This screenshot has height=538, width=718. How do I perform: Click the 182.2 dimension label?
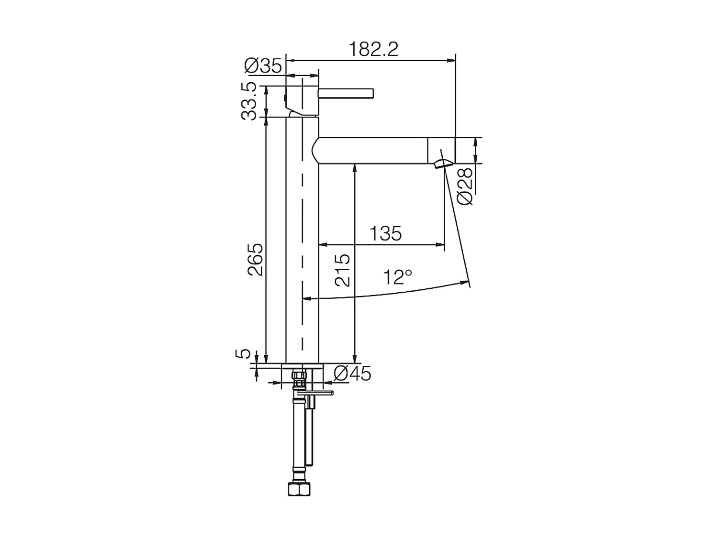click(x=373, y=49)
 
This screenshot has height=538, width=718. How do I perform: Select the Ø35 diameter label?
click(x=263, y=66)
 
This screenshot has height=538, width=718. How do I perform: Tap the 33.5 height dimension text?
click(x=249, y=101)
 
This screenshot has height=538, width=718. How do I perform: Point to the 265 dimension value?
click(x=255, y=260)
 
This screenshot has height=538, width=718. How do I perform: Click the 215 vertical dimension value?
click(x=343, y=270)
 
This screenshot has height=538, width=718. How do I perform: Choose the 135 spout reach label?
click(x=385, y=234)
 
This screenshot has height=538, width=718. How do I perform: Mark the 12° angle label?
click(x=397, y=277)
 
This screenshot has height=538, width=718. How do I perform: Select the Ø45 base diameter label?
click(x=352, y=373)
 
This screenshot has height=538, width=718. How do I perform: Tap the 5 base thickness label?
click(x=244, y=353)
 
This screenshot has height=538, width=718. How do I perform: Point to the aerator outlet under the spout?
click(x=442, y=164)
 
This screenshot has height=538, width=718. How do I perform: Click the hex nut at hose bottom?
click(x=300, y=489)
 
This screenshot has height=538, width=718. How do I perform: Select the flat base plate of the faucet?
click(x=302, y=366)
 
